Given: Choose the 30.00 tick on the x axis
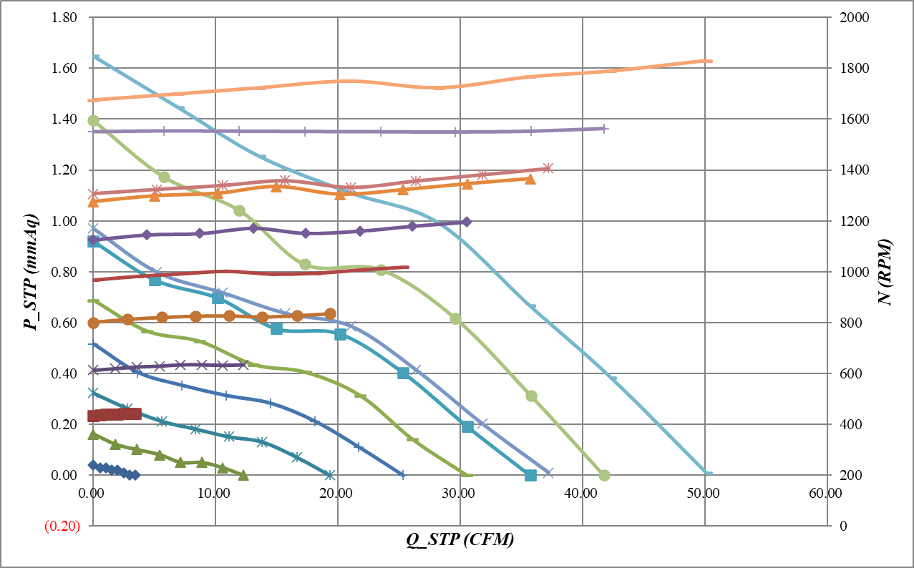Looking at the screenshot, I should [x=459, y=493].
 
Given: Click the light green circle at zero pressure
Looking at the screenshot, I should [x=604, y=475].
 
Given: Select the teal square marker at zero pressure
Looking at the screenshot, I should [x=530, y=475].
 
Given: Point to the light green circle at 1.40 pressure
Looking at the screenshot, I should [x=93, y=120].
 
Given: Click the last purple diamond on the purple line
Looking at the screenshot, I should [x=467, y=222].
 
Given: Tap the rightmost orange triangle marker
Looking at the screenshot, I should [x=530, y=178].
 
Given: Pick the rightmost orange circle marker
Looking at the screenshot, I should [x=330, y=314].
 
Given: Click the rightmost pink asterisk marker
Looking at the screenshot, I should [x=548, y=168].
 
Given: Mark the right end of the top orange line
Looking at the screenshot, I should [x=711, y=61].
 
